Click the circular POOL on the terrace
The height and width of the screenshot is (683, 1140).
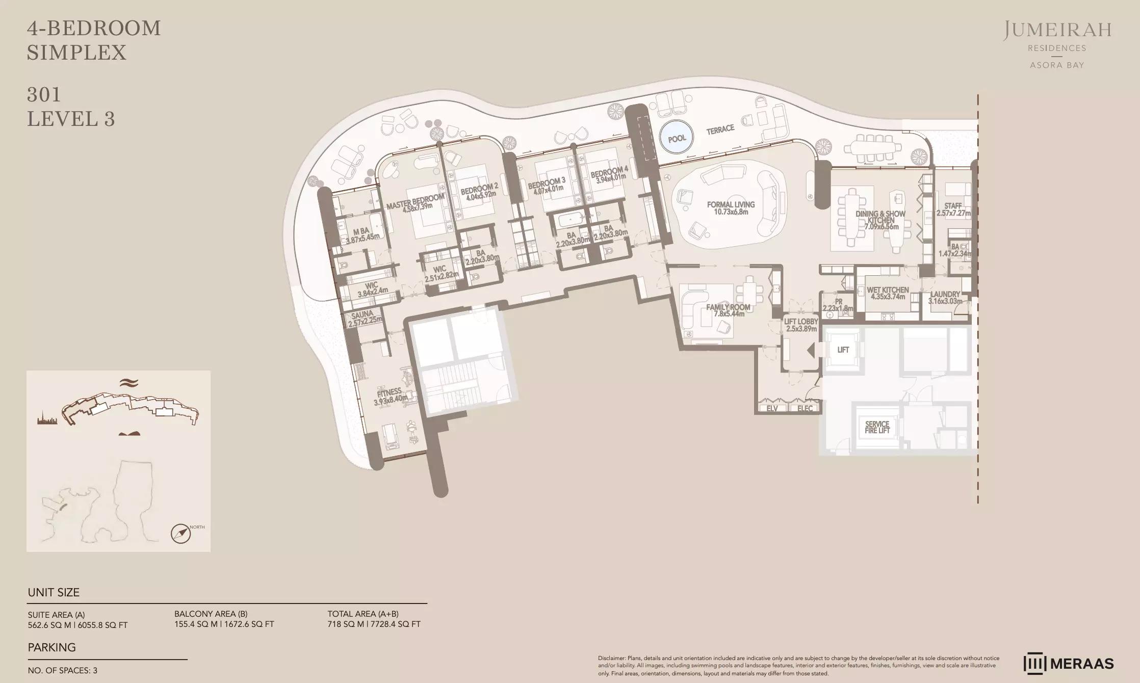tap(677, 138)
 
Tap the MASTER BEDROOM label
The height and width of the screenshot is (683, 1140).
tap(415, 202)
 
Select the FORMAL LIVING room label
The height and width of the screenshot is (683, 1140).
tap(731, 208)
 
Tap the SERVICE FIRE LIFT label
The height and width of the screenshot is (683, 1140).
tap(877, 427)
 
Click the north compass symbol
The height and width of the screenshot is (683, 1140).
tap(181, 534)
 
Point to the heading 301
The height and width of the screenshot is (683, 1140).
tap(44, 94)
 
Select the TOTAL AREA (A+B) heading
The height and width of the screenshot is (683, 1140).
tap(363, 614)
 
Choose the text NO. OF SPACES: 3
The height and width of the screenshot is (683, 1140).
tap(62, 671)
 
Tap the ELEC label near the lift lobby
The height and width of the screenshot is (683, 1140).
tap(805, 408)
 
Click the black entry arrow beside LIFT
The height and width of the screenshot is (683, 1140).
tap(811, 350)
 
